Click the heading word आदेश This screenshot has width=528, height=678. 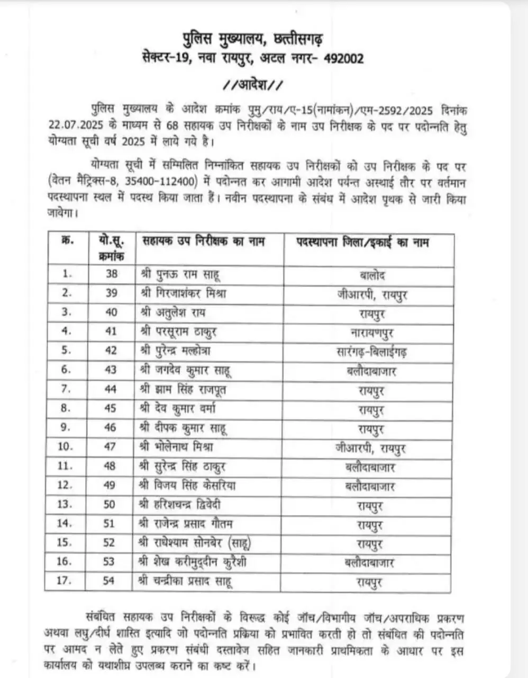(x=253, y=85)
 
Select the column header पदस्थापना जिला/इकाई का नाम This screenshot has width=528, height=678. (x=362, y=243)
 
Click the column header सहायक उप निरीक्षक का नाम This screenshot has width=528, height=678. (x=204, y=242)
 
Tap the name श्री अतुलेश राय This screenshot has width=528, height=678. (x=173, y=313)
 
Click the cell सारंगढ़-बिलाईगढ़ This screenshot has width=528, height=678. (x=371, y=352)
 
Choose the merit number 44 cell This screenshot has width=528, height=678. (x=111, y=389)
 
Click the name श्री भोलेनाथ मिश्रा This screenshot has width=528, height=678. (x=177, y=447)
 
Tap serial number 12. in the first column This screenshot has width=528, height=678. (x=65, y=485)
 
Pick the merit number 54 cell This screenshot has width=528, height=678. (x=108, y=581)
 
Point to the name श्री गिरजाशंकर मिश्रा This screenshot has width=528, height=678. (x=184, y=293)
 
